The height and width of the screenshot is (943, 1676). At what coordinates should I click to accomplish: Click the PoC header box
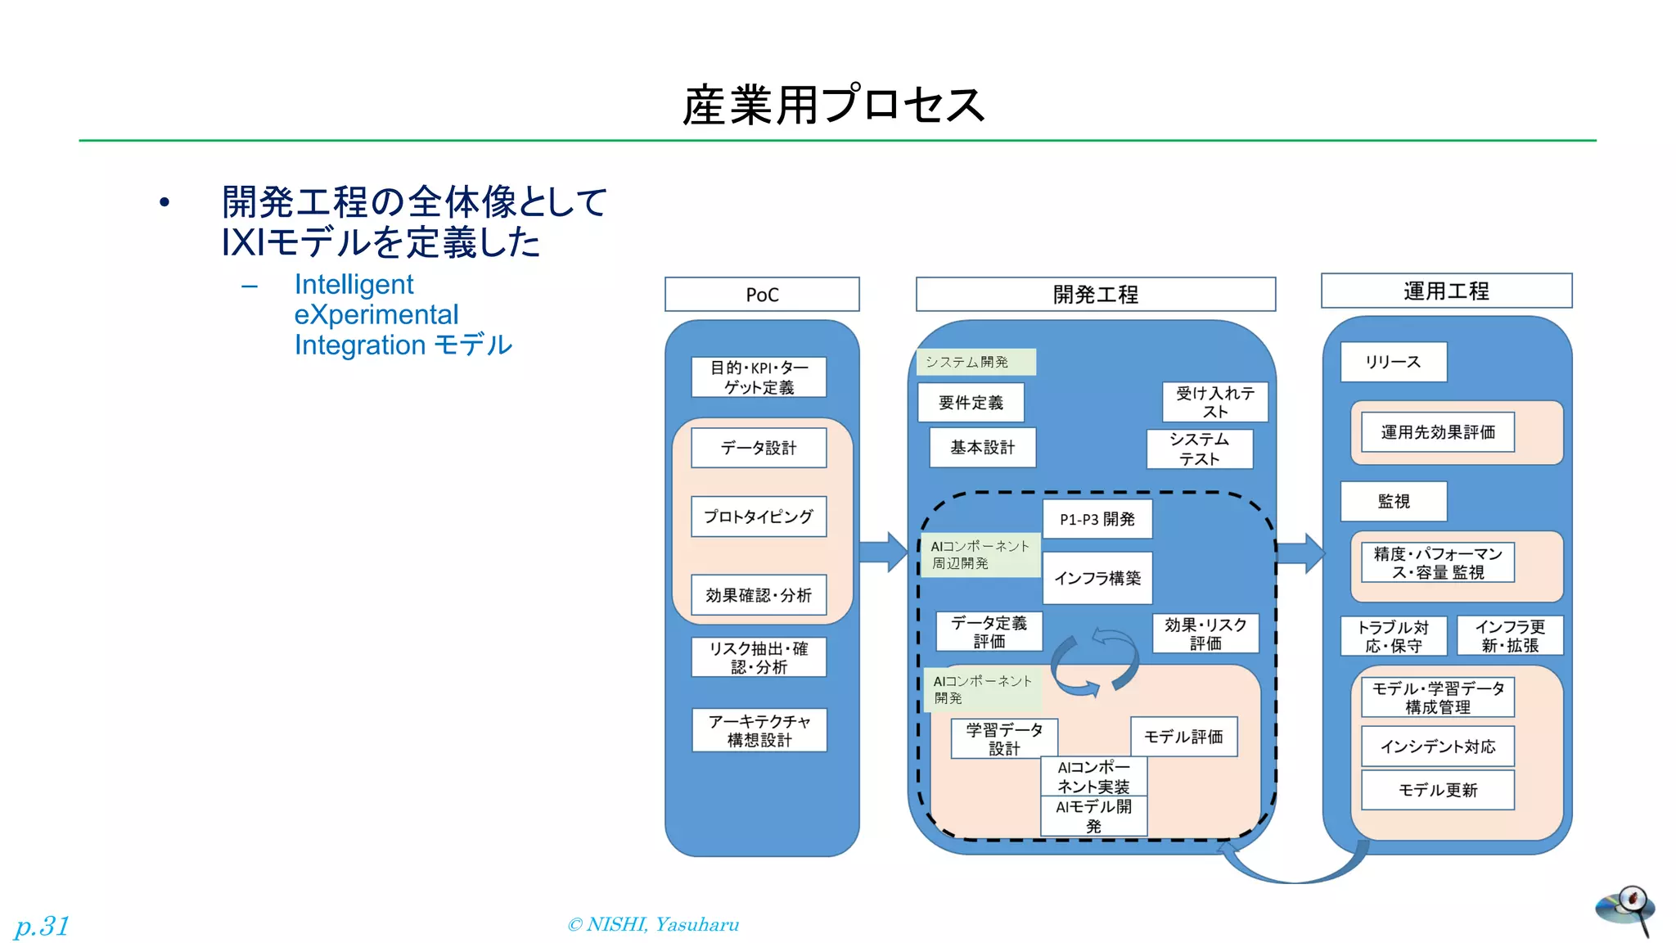762,295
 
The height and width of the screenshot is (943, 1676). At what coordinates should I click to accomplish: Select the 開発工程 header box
1095,295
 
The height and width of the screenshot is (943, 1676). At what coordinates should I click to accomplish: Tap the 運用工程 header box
1446,291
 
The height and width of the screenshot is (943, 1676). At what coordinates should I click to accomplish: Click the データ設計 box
759,448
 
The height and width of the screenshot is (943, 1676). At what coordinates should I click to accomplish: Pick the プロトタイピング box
759,517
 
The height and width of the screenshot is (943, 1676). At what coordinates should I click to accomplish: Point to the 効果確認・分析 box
759,595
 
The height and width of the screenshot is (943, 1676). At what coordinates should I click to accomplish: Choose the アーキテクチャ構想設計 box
759,730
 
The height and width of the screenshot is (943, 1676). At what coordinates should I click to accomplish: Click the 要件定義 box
971,403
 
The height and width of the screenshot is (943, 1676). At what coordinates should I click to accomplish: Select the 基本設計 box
982,448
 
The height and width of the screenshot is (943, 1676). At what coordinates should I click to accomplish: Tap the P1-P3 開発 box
1097,519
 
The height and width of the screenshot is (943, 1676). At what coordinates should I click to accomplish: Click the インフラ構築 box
1097,578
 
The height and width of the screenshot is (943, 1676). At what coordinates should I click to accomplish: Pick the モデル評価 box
1183,737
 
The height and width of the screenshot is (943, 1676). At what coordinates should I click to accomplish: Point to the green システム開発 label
976,362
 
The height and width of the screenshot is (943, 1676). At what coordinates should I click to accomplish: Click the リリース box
1393,362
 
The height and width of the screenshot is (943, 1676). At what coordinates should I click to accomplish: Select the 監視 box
1393,501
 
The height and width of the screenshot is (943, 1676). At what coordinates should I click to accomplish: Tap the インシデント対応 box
1438,747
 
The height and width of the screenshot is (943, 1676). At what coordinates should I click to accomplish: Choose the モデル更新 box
1438,790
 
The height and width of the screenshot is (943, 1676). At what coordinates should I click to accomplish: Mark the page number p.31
42,926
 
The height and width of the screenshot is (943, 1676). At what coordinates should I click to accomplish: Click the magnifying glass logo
1626,909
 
